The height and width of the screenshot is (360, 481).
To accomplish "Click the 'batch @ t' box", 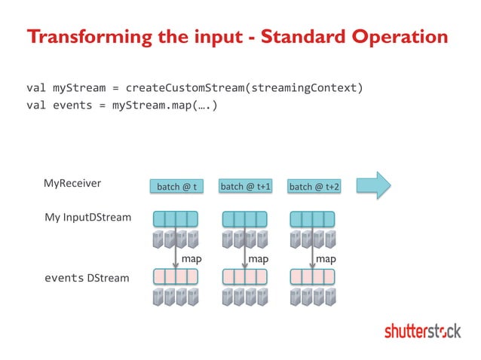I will point(176,186).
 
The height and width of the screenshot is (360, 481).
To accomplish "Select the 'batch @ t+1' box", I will point(245,186).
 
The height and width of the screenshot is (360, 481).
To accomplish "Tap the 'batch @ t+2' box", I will point(314,186).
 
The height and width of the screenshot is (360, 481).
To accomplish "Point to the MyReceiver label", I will point(72,182).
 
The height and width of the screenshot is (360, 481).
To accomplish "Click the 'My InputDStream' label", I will point(87,218).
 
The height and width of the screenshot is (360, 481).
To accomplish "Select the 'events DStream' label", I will point(87,278).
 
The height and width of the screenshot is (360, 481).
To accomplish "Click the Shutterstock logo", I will point(422,331).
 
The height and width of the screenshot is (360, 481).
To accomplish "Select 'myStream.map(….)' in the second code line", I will point(165,105).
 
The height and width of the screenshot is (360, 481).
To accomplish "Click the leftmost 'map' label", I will point(192,258).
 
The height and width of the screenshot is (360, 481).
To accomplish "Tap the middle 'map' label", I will point(259,258).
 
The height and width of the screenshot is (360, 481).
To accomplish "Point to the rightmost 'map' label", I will point(326,258).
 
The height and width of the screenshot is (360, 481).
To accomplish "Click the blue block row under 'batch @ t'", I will point(175,218).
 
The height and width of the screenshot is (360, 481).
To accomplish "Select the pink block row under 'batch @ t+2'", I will point(312,276).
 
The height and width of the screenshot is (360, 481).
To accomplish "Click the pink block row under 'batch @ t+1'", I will point(245,276).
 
